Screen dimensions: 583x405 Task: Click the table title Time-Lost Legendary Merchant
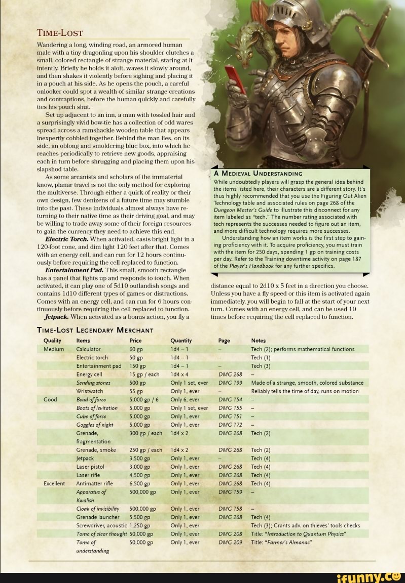[95, 330]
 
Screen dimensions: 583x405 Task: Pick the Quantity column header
[181, 341]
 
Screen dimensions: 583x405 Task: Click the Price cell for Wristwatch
[135, 391]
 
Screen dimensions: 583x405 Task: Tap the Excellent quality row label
[54, 483]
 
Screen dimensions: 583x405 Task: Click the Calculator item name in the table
[88, 349]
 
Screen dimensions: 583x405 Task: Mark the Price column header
[135, 341]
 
